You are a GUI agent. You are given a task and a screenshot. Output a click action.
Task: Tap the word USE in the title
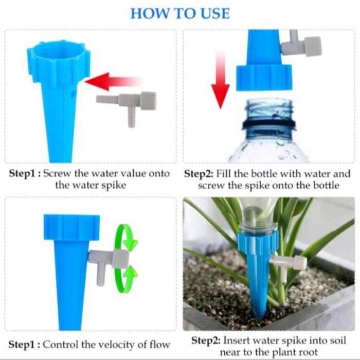(x=212, y=13)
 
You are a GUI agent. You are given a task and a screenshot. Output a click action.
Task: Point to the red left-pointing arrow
(x=111, y=82)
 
